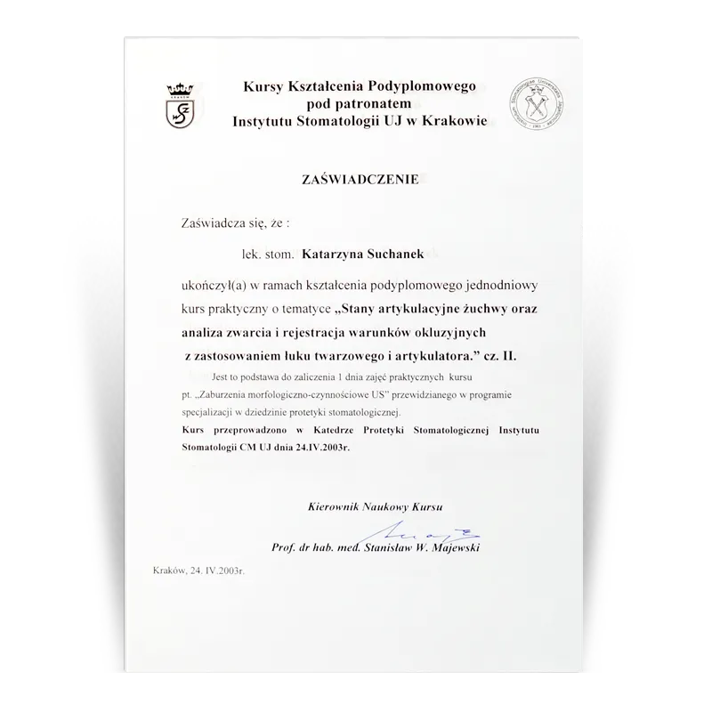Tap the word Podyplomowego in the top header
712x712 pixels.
pyautogui.click(x=420, y=86)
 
